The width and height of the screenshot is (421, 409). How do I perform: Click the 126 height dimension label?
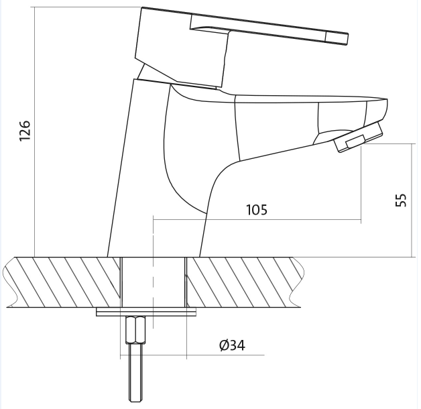(x=25, y=131)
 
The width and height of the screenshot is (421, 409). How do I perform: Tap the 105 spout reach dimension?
(x=257, y=210)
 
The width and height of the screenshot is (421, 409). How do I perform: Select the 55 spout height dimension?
(x=401, y=200)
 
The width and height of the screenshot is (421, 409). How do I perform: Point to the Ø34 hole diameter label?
(x=232, y=345)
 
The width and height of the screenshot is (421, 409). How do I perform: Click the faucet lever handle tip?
(x=347, y=39)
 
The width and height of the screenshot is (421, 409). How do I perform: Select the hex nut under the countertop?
(x=135, y=330)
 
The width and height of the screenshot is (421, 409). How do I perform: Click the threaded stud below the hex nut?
(x=135, y=373)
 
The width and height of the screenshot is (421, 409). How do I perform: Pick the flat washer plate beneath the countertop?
(x=146, y=312)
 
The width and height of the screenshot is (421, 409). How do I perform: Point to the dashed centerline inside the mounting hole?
(x=153, y=272)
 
